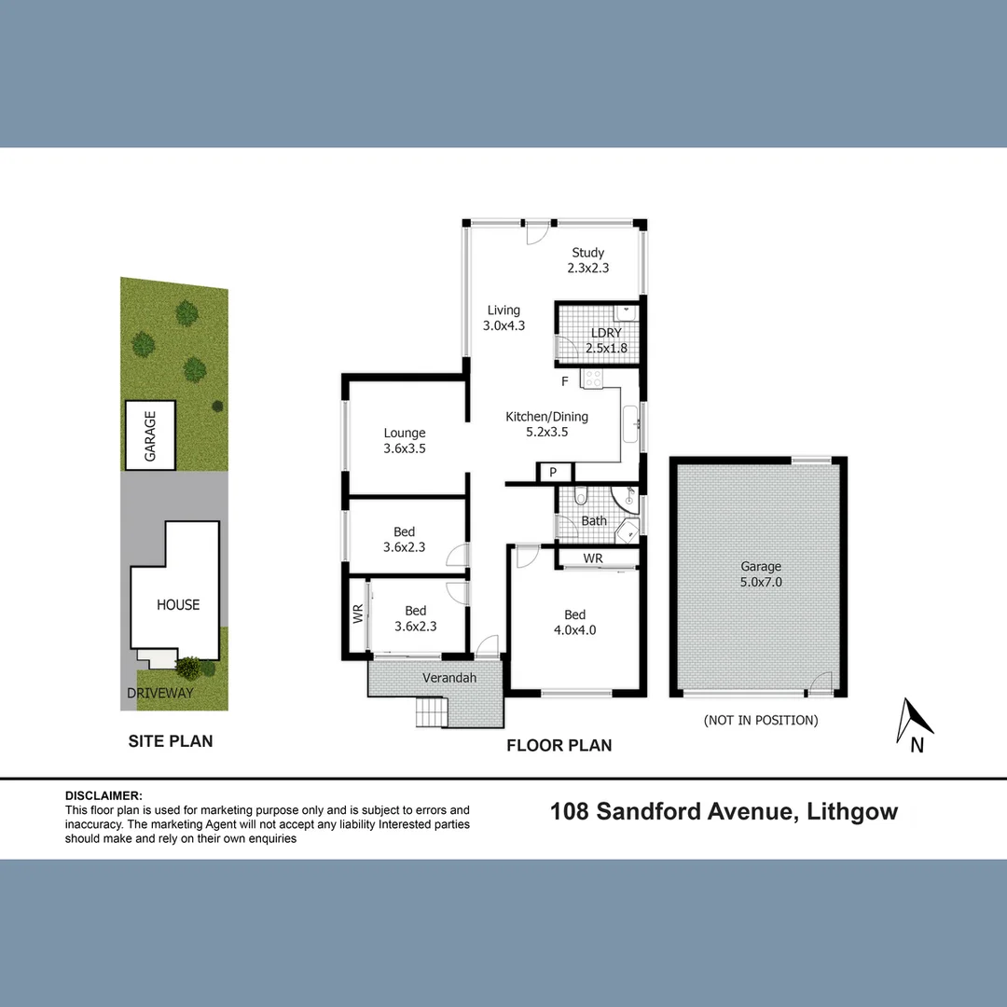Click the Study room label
(x=588, y=260)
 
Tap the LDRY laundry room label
(x=606, y=341)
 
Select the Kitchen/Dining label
(x=546, y=424)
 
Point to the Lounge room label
(x=405, y=440)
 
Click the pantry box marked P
(x=553, y=473)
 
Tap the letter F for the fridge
(x=564, y=381)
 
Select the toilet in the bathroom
(x=579, y=496)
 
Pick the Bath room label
(x=594, y=521)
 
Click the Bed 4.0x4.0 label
(x=574, y=622)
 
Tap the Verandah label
(x=449, y=678)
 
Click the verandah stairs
(x=432, y=713)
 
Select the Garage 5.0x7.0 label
(x=761, y=573)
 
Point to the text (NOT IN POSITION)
(x=761, y=720)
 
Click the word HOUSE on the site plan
(x=178, y=604)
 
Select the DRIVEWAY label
(x=161, y=693)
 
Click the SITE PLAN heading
(x=171, y=741)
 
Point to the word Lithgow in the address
(x=852, y=811)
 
